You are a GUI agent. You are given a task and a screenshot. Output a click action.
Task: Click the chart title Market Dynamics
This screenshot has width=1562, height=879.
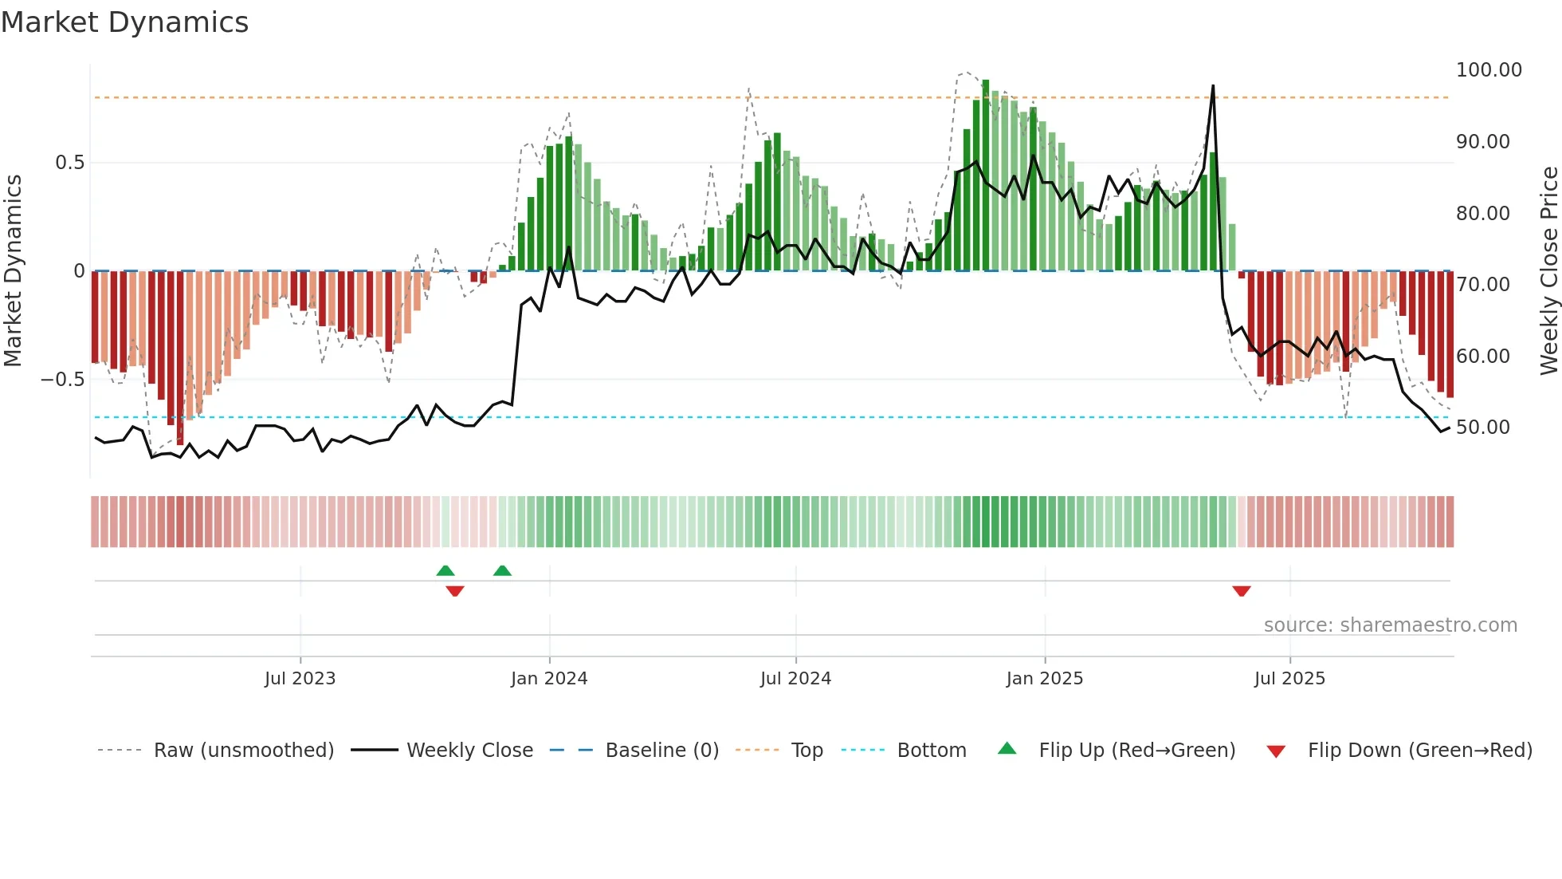click(124, 22)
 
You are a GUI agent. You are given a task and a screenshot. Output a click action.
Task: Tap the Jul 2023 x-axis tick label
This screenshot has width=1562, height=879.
click(300, 679)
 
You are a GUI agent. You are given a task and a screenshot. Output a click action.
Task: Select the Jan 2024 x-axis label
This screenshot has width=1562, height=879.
click(549, 679)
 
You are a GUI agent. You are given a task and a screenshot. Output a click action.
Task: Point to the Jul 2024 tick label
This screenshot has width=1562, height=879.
click(795, 679)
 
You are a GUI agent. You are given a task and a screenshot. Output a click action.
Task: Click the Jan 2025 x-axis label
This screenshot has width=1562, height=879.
click(1044, 679)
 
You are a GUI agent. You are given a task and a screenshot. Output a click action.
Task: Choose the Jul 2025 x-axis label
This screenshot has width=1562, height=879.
click(1289, 679)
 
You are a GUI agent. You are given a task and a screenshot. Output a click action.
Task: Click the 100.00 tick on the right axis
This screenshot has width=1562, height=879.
click(1489, 70)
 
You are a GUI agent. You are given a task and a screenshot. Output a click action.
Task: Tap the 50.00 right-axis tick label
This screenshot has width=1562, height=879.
click(1482, 428)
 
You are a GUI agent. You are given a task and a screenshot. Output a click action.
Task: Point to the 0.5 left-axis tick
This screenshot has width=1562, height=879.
click(69, 163)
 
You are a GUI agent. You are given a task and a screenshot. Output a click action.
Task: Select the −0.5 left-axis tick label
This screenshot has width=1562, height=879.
click(62, 380)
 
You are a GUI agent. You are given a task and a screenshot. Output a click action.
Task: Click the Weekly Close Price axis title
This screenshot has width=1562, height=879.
click(1548, 271)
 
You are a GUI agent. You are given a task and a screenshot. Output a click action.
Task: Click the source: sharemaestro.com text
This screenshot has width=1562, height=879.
click(1390, 625)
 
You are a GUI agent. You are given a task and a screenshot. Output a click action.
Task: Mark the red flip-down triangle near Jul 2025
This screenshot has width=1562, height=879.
click(1241, 591)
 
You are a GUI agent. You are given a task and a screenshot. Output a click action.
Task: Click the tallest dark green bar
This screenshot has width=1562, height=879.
click(986, 175)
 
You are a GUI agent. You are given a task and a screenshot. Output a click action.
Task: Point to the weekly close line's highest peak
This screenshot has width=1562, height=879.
click(1213, 86)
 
